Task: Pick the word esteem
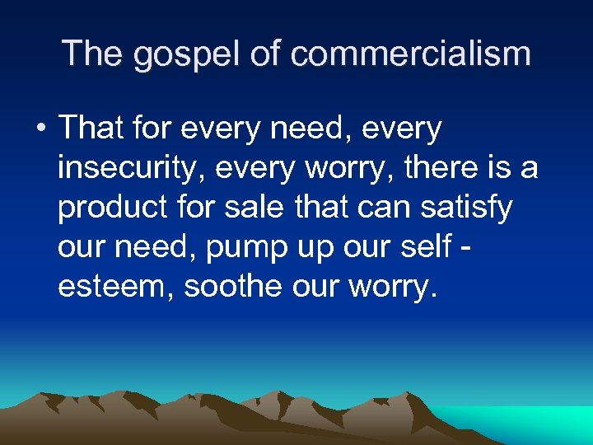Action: [115, 287]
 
